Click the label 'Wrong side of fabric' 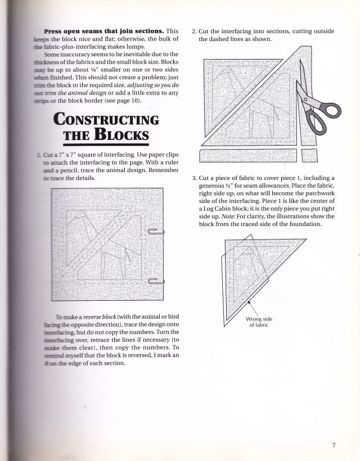point(259,322)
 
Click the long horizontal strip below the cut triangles point(247,154)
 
